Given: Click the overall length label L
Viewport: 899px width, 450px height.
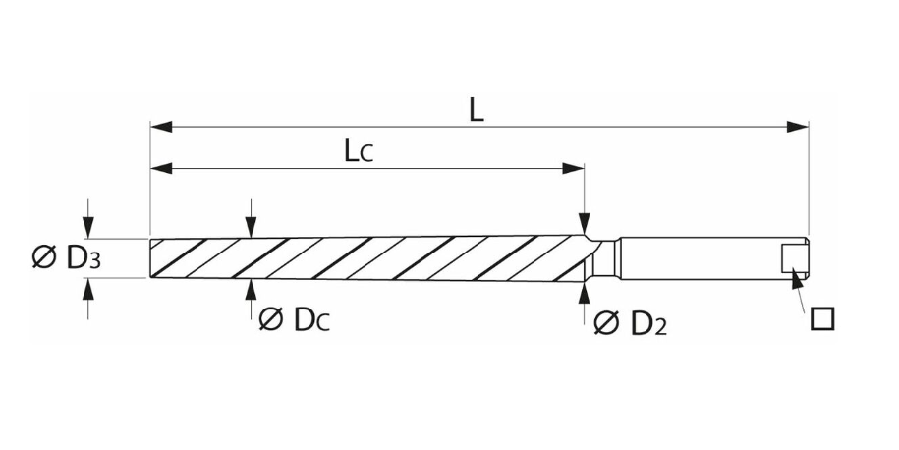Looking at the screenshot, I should pos(476,109).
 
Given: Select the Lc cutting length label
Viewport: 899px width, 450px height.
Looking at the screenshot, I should pos(360,150).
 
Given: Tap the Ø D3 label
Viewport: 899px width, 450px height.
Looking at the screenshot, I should pos(68,258).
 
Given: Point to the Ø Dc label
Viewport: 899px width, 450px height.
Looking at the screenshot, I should pos(294,319).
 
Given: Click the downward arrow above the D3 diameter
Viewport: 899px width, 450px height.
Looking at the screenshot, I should pos(89,228).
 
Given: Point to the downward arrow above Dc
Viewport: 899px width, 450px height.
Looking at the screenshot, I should pos(252,228).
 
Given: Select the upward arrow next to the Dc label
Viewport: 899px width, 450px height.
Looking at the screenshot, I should pos(252,289).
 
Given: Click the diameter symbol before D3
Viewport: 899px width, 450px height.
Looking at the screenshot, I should pos(43,258).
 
